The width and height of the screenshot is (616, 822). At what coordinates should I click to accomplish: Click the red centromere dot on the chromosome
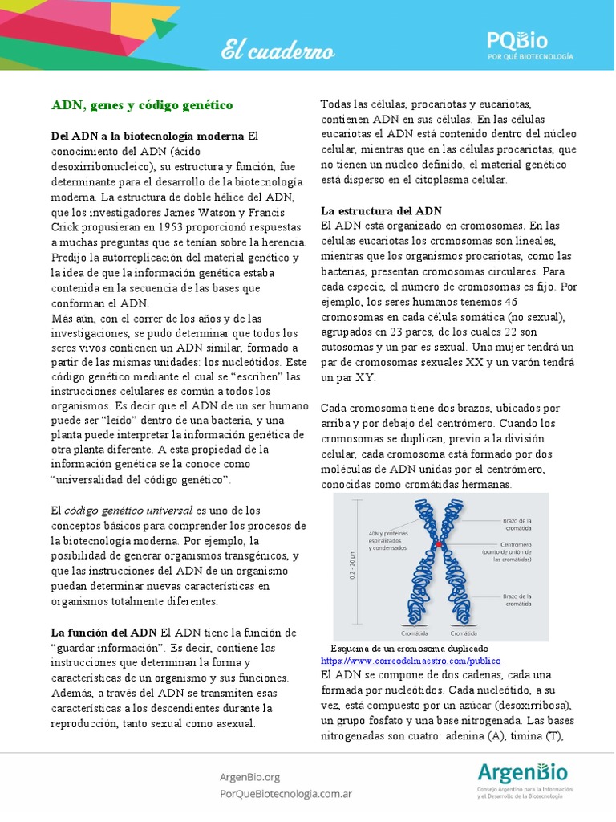tap(439, 544)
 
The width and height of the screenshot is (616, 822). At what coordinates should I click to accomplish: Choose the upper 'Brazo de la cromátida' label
tap(519, 523)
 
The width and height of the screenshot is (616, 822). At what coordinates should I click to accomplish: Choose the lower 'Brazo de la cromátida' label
tap(519, 600)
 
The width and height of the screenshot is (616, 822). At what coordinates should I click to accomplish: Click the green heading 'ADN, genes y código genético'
tap(142, 105)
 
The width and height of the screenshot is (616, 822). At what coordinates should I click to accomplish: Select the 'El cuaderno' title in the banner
tap(278, 51)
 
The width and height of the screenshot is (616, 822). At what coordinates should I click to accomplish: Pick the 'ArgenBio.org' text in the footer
tap(249, 776)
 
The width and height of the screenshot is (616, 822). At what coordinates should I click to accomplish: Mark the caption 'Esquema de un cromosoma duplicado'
tap(409, 648)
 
